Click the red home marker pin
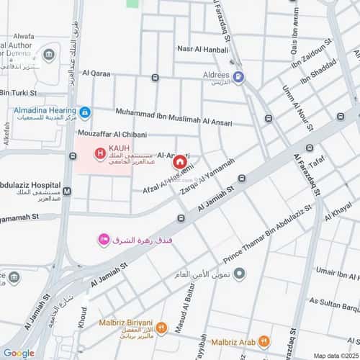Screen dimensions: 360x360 pyautogui.click(x=178, y=163)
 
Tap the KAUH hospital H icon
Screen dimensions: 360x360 pyautogui.click(x=99, y=153)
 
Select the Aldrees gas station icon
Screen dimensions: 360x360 pyautogui.click(x=238, y=76)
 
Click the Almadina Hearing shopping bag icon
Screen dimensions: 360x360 pyautogui.click(x=85, y=112)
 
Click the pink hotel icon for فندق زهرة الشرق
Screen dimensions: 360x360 pyautogui.click(x=104, y=239)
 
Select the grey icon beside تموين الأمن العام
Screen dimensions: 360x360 pyautogui.click(x=240, y=273)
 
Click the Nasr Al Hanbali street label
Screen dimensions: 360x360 pyautogui.click(x=202, y=49)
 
